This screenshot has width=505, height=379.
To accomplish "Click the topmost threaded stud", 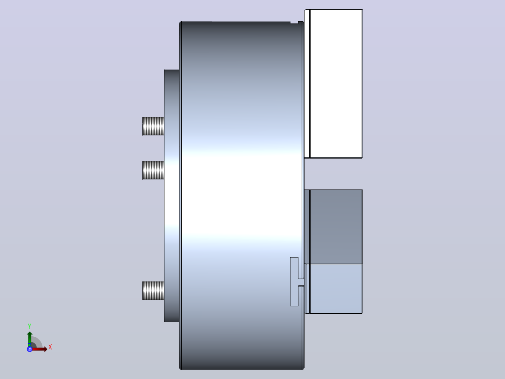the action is click(x=153, y=126).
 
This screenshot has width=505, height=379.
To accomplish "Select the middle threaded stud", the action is click(x=153, y=170).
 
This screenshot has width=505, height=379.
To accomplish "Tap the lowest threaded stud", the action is click(x=153, y=291).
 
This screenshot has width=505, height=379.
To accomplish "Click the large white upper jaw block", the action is click(x=336, y=84).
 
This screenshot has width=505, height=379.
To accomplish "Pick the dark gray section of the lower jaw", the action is click(x=336, y=227).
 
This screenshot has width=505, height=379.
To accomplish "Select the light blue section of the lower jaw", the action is click(x=336, y=288).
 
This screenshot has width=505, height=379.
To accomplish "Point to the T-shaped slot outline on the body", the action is click(x=294, y=281).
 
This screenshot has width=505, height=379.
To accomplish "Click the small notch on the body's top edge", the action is click(x=294, y=22).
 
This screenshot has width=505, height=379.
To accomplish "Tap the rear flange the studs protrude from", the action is click(x=171, y=196).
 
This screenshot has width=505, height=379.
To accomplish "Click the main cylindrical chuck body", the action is click(x=242, y=196).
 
